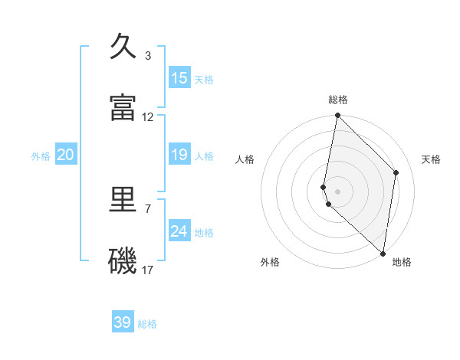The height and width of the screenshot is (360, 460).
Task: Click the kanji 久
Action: tap(123, 47)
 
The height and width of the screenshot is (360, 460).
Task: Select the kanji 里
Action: tap(123, 201)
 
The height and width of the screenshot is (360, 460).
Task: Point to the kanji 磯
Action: tap(123, 261)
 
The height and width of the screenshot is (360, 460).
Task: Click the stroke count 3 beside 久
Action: tap(148, 56)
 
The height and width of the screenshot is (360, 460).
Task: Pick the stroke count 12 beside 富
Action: tap(148, 117)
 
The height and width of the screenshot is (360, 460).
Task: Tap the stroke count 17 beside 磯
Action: tap(148, 270)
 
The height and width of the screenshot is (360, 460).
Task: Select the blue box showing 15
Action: tap(179, 78)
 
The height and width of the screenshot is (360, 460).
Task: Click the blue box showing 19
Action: tap(179, 155)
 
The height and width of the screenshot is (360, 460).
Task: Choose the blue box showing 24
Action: tap(179, 231)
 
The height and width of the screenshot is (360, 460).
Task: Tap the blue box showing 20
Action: tap(65, 155)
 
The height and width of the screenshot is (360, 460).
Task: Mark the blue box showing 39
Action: tap(123, 322)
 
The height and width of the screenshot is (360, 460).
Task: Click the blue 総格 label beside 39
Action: tap(147, 324)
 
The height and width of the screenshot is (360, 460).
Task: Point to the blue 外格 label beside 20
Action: tap(41, 156)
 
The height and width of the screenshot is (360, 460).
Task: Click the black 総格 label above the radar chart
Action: tap(338, 100)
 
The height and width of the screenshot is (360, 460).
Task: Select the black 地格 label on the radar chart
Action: tap(402, 262)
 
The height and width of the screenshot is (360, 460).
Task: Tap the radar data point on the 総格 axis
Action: tap(337, 116)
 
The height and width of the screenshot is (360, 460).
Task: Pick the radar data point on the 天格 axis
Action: tap(396, 172)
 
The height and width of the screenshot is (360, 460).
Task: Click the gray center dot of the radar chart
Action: tap(337, 191)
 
